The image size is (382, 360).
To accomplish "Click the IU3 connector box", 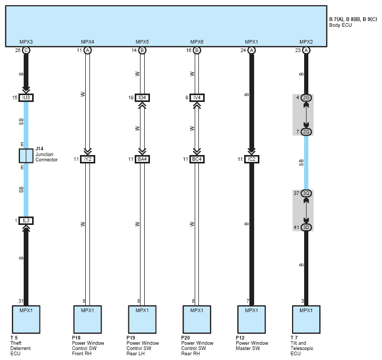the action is [26, 98].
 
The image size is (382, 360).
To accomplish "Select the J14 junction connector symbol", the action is [26, 156].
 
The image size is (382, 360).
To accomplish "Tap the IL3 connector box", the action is [26, 221].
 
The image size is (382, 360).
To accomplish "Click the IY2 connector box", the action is [87, 159].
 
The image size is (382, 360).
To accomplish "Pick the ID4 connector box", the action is [142, 98].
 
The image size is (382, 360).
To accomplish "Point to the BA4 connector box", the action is [142, 159].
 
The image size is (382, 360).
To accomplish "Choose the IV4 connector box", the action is [197, 98].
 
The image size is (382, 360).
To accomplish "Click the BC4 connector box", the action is [197, 159].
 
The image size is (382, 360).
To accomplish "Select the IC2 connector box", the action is [252, 159].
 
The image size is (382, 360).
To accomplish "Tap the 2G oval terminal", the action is [306, 98].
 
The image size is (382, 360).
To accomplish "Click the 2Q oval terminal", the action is [306, 132].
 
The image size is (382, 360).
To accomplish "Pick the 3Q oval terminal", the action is [306, 193].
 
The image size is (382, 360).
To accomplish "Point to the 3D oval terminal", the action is [306, 228].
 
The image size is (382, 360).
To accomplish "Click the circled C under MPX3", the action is [26, 50].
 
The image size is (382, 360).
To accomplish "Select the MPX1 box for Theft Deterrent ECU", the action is [26, 320].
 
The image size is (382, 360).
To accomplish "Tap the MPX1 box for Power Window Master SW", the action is [252, 320].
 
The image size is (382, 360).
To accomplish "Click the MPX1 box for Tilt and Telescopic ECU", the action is [306, 320].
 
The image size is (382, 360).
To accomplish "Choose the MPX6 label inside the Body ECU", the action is [197, 42].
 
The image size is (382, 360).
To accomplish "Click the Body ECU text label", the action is [340, 25].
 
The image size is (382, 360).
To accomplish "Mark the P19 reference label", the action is [130, 337].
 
